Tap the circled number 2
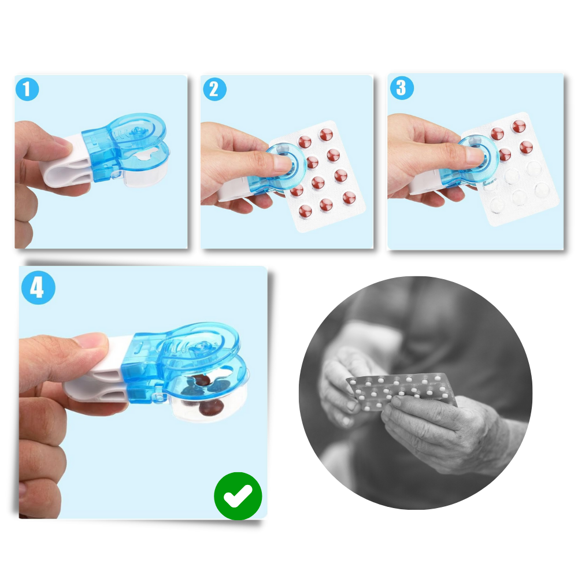(x=214, y=90)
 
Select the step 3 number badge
(x=402, y=88)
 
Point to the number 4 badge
(x=38, y=287)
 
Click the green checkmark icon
(x=238, y=496)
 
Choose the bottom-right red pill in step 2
(x=349, y=198)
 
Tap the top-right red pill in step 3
(x=518, y=126)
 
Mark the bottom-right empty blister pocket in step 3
(x=542, y=190)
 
